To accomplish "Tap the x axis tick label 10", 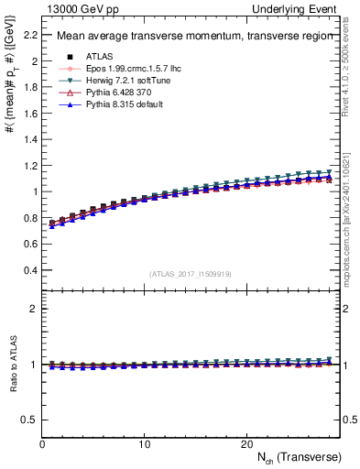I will click(144, 443).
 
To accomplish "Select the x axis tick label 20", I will click(246, 443).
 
